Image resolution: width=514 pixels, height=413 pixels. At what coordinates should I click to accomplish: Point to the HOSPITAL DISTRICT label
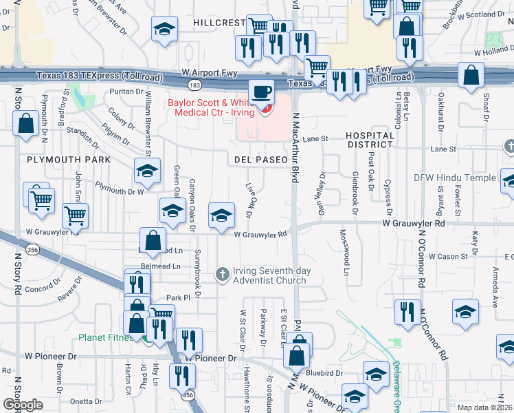(x=370, y=141)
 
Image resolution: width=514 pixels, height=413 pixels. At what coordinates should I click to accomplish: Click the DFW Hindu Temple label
(x=454, y=178)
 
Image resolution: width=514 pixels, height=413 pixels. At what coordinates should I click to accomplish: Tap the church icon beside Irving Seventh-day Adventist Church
(x=223, y=275)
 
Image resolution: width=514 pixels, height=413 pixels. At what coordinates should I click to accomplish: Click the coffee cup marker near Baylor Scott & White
(x=260, y=92)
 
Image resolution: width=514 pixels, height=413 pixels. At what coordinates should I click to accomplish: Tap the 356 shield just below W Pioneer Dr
(x=188, y=395)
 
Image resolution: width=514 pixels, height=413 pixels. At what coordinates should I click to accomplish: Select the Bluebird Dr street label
(x=325, y=372)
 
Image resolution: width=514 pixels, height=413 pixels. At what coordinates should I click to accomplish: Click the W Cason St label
(x=448, y=256)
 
